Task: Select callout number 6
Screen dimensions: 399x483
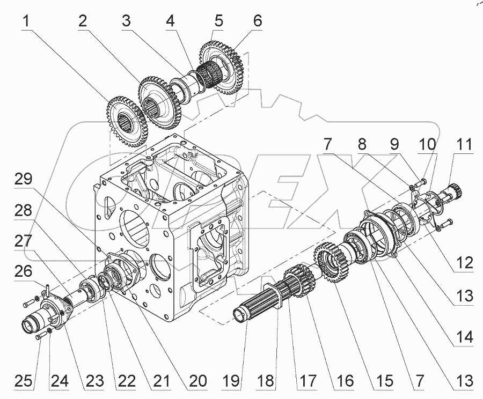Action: pos(258,23)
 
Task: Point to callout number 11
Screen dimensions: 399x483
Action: pos(464,145)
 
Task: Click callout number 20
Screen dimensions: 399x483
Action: pos(199,381)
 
